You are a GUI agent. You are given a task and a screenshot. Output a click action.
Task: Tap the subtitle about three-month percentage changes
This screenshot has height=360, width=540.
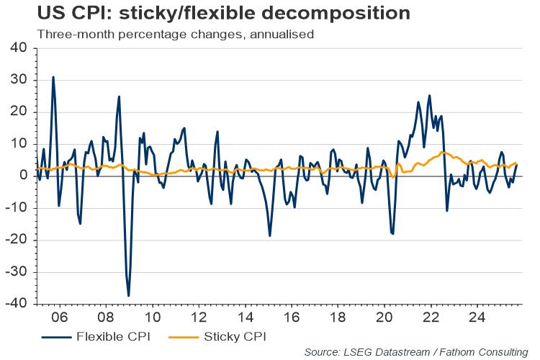tap(170, 34)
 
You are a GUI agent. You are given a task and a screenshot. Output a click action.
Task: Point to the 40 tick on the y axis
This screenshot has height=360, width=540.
tap(17, 48)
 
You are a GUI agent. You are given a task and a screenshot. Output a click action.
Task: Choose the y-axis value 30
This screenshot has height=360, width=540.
tap(17, 80)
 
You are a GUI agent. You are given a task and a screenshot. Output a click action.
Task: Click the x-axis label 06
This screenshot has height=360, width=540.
tap(60, 317)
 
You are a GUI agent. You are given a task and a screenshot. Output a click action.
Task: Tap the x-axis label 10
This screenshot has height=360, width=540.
tap(152, 317)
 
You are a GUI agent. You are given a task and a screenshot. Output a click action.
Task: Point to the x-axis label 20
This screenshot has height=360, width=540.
tap(384, 317)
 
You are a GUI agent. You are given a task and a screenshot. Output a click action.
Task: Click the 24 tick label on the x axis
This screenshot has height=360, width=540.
tap(476, 317)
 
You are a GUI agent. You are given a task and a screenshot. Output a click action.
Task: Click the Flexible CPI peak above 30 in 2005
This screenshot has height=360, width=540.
tap(53, 77)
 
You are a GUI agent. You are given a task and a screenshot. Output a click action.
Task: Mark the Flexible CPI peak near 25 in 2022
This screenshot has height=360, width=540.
tap(430, 95)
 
